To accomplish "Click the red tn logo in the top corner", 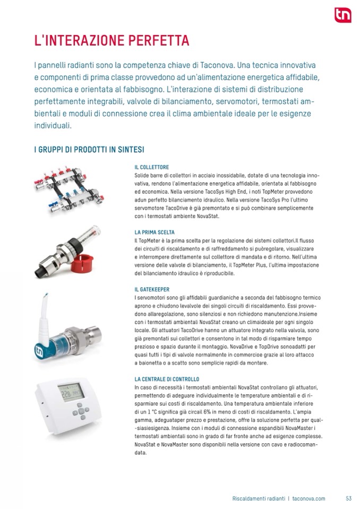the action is point(343,15).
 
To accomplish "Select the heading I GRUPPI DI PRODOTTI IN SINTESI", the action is point(89,150).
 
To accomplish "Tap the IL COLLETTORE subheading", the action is point(152,167).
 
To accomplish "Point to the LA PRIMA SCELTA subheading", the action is point(155,232).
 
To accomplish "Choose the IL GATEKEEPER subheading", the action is point(152,290).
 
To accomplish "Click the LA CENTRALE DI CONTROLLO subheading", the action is point(167,379).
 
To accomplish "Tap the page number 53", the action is point(349,498).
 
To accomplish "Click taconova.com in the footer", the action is point(308,498).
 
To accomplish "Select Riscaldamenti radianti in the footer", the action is point(259,498).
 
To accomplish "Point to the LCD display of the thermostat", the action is point(71,392).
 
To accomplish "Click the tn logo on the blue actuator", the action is point(39,351).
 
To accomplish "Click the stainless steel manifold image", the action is point(69,190).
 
